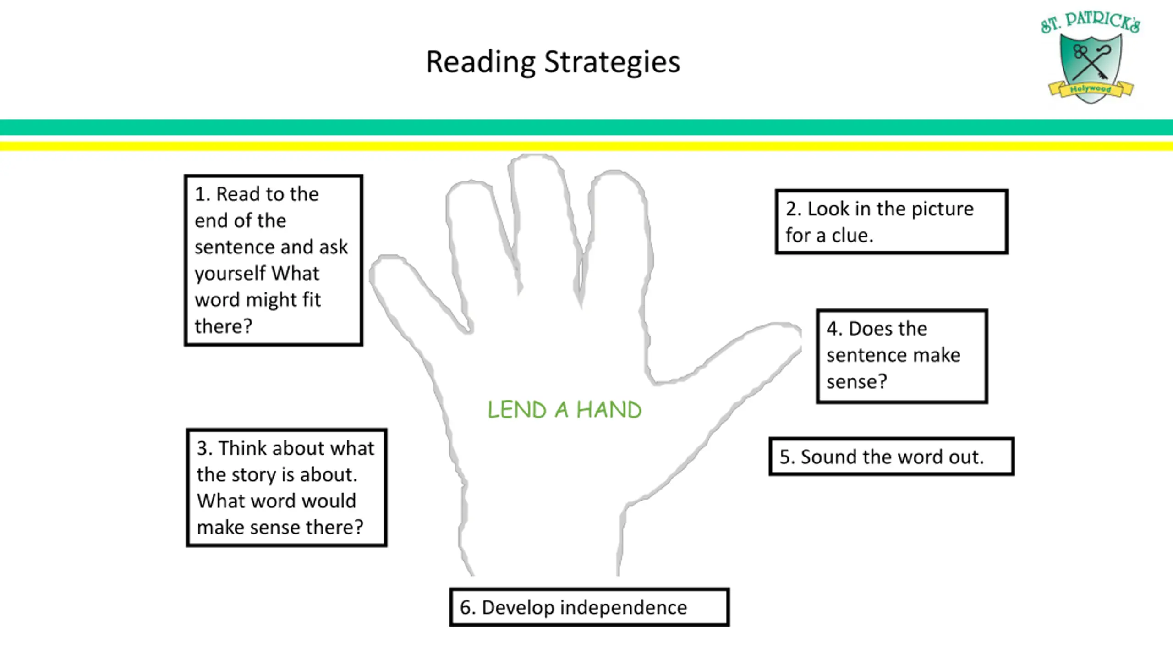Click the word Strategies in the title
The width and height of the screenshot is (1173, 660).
coord(612,62)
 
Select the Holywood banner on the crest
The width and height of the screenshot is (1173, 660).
coord(1091,88)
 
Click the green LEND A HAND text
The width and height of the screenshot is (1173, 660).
coord(565,409)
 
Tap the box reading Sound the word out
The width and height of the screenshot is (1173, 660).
coord(891,456)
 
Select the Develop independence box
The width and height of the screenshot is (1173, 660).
coord(589,607)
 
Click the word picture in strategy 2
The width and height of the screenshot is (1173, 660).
coord(943,209)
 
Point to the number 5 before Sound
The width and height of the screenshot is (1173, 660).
coord(784,457)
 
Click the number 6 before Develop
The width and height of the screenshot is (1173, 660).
coord(466,608)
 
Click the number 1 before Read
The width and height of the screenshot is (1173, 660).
coord(199,194)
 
